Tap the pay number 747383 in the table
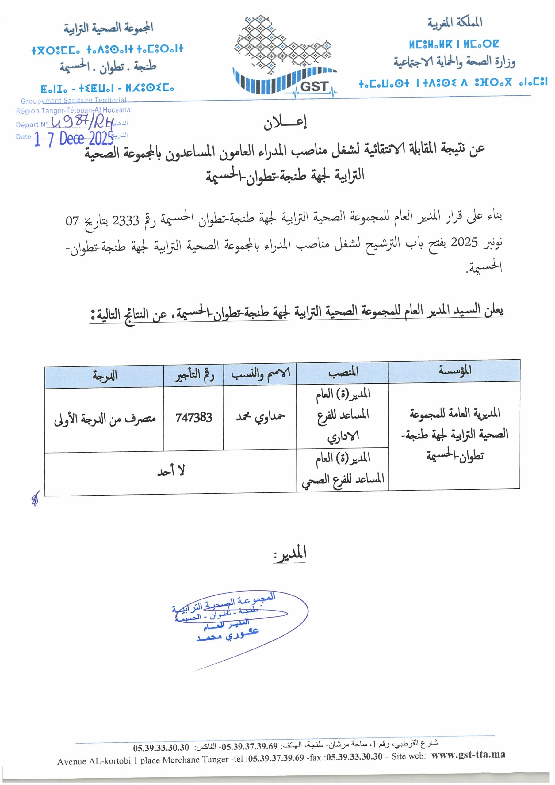coord(193,417)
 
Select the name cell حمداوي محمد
coord(260,417)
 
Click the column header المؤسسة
coord(454,370)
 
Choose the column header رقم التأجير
coord(193,375)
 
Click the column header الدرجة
coord(104,376)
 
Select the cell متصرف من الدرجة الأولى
coord(105,419)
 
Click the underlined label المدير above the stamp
coord(290,553)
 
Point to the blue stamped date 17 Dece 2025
coord(74,139)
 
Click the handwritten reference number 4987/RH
coord(82,123)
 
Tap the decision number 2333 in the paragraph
coord(125,221)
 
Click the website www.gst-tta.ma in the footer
coord(468,755)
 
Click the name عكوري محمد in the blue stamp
coord(228,636)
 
